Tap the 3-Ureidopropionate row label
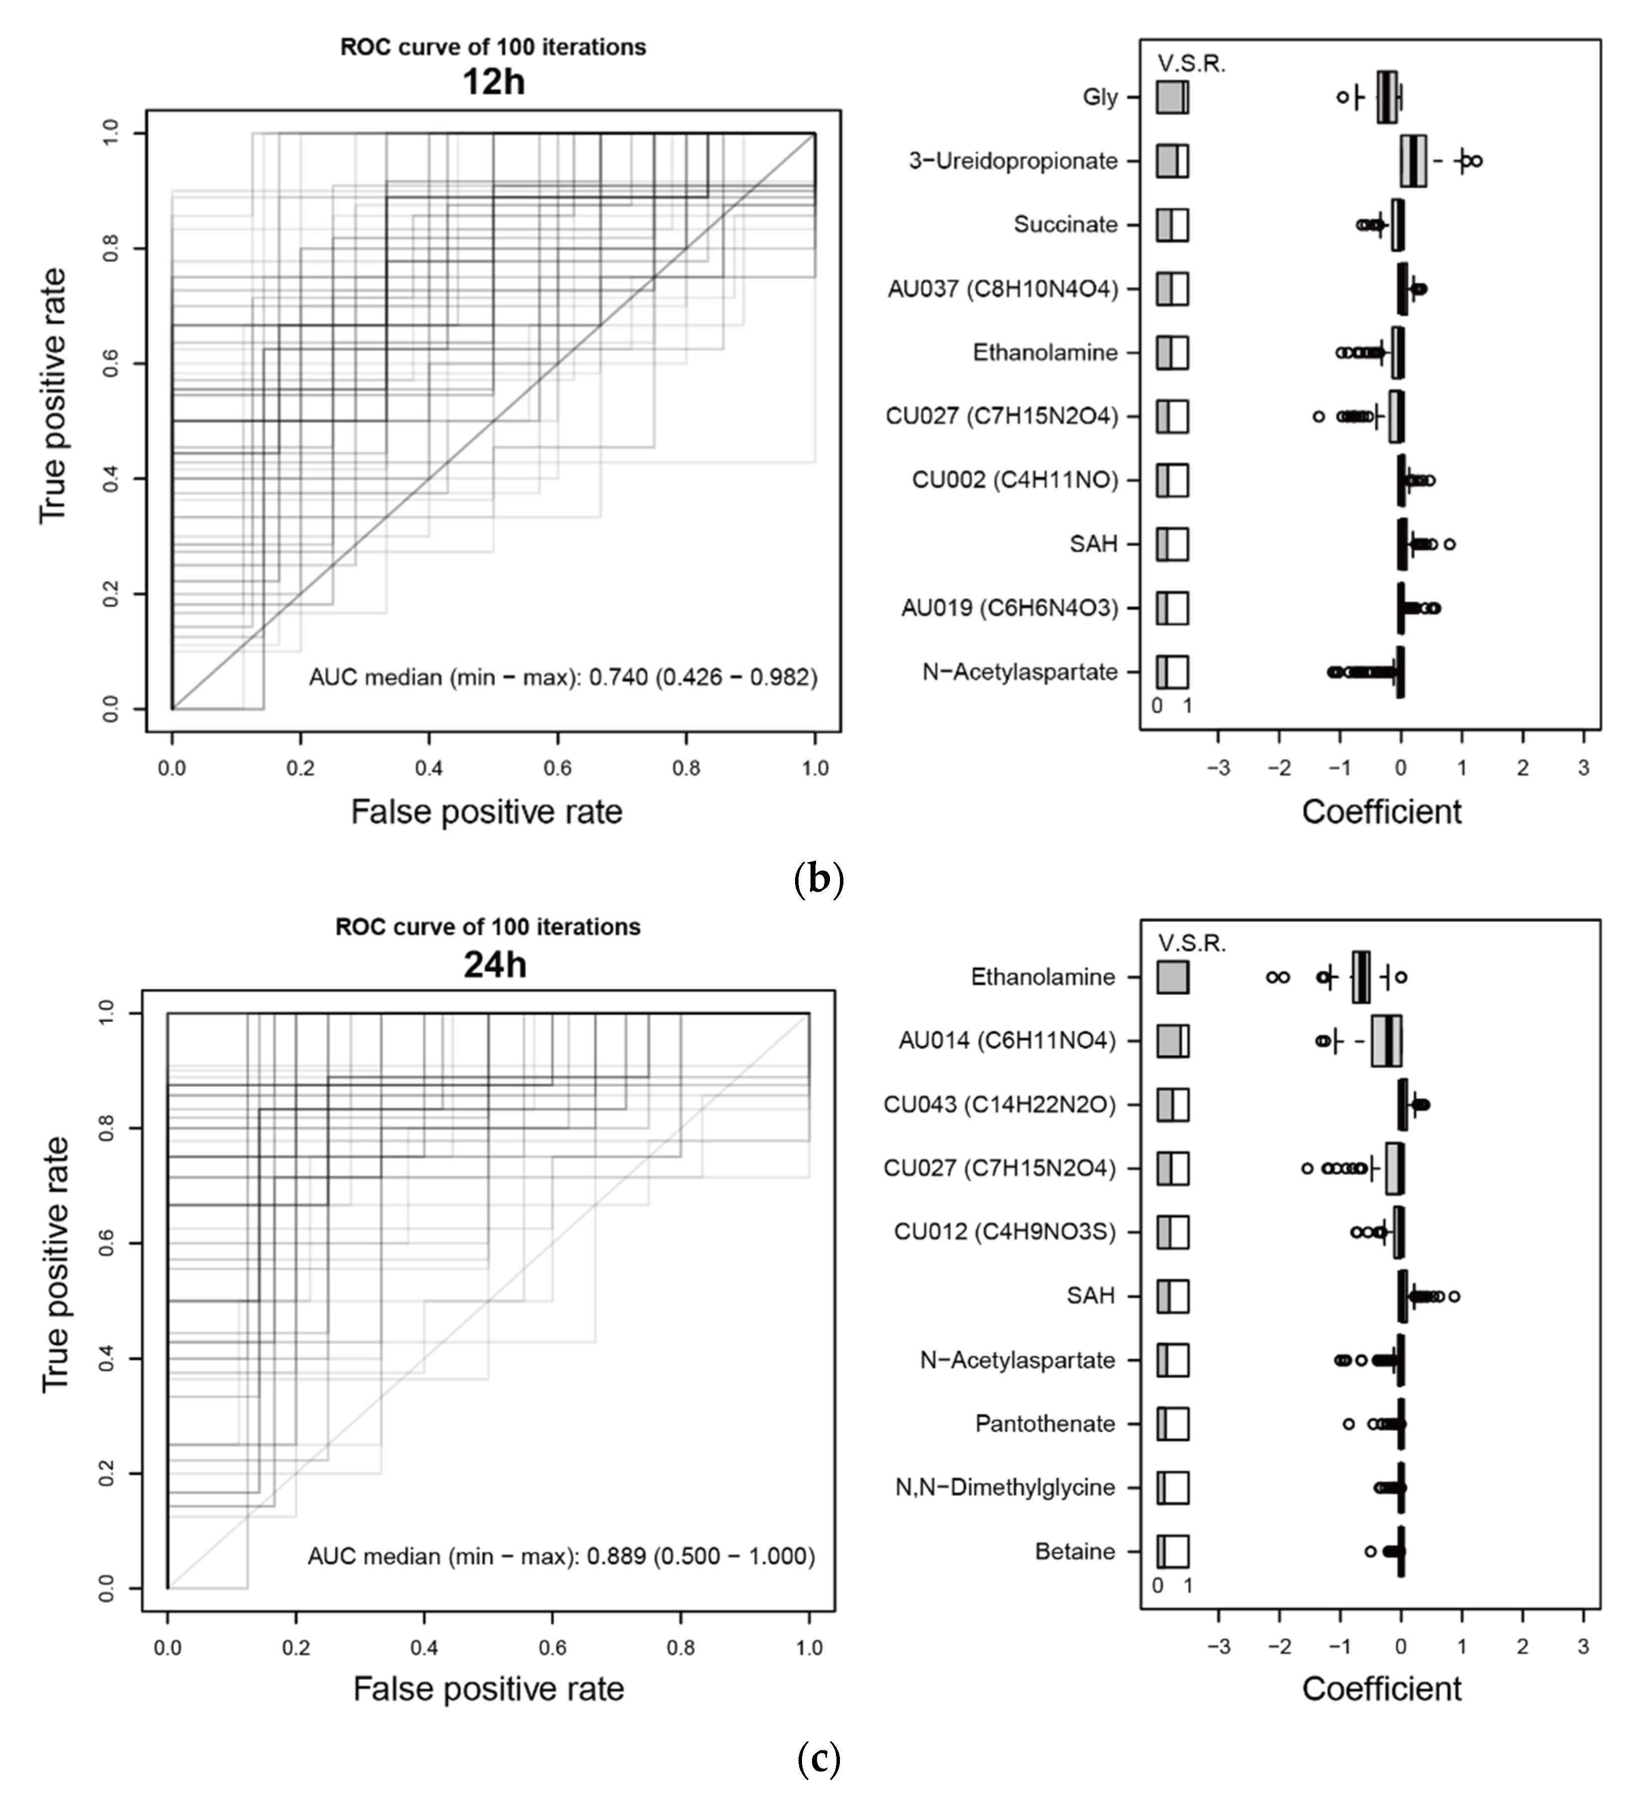(1013, 161)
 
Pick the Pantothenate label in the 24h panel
(1045, 1423)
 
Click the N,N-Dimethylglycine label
(1005, 1487)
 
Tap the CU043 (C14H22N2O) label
(1000, 1105)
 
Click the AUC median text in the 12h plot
(563, 677)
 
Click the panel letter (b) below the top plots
(818, 880)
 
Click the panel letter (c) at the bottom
(818, 1760)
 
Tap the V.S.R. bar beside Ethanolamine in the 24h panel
(1172, 977)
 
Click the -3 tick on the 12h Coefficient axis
(1218, 768)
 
